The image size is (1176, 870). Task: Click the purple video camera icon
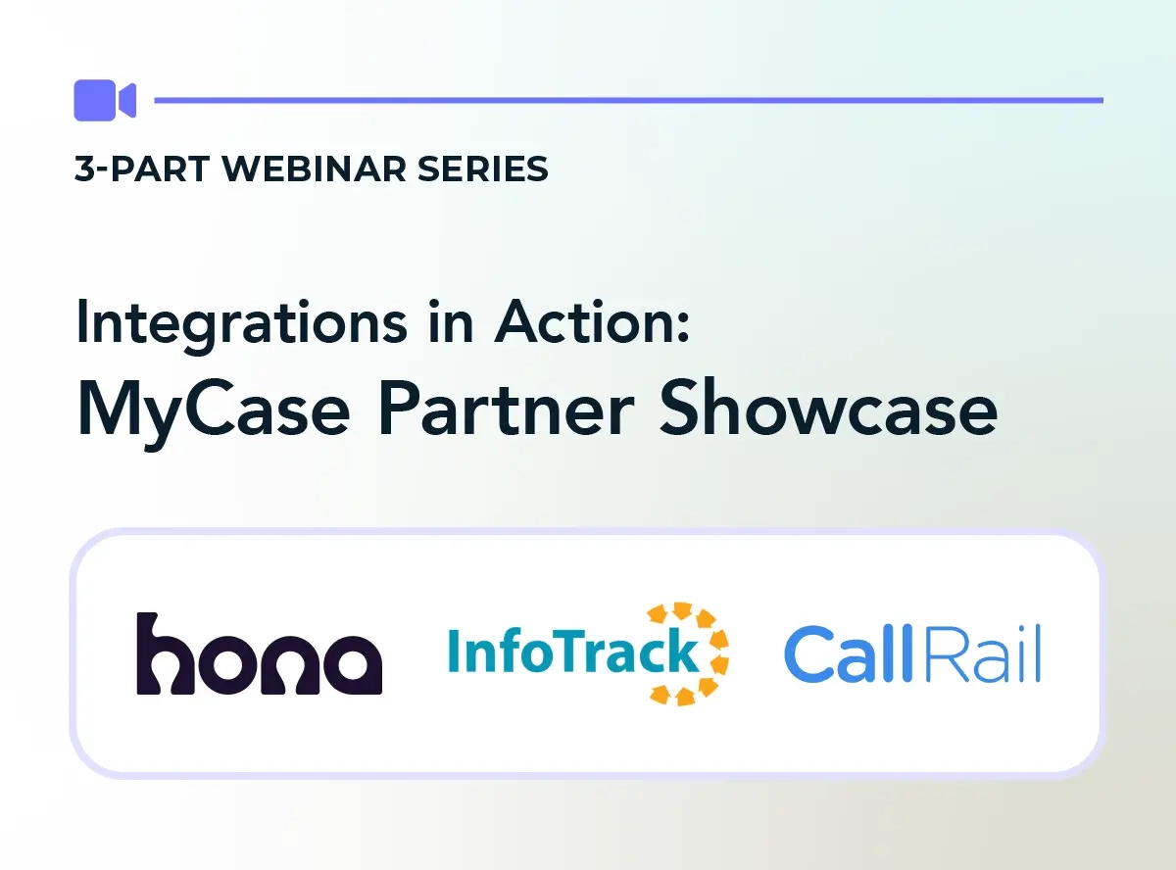[x=104, y=100]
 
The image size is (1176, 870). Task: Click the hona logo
[x=259, y=653]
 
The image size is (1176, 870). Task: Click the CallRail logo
[x=912, y=653]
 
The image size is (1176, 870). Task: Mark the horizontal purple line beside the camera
[x=628, y=100]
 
